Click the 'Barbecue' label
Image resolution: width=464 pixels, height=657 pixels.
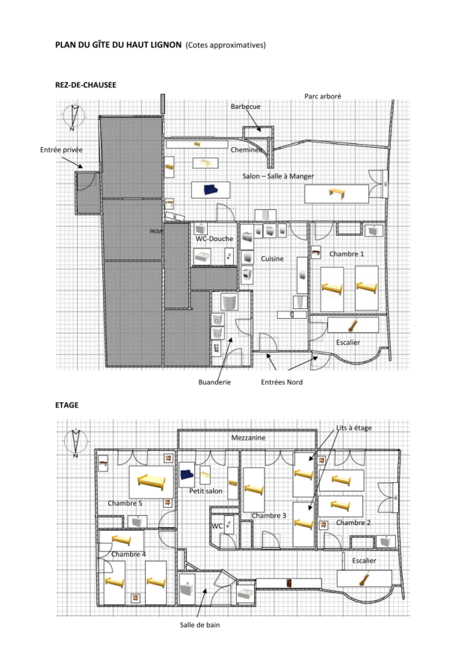click(x=246, y=107)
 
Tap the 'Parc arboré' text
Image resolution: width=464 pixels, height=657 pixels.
click(x=323, y=96)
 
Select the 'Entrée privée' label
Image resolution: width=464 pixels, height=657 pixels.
click(x=61, y=149)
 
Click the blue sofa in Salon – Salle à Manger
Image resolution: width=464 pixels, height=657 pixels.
click(x=211, y=190)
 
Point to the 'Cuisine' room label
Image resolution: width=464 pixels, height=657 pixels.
click(x=272, y=258)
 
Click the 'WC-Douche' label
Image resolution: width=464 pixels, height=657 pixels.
click(x=214, y=238)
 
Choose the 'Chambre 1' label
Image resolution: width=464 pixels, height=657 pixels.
click(x=347, y=254)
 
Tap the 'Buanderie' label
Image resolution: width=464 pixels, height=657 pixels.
click(x=214, y=382)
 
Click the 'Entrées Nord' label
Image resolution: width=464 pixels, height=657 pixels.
click(x=282, y=382)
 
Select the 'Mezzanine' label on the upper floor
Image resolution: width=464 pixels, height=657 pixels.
click(x=249, y=438)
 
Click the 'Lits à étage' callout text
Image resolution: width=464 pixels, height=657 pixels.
click(x=353, y=428)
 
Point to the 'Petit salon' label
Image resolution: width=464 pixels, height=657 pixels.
click(x=205, y=491)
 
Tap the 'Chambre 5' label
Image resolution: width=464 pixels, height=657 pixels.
click(x=125, y=503)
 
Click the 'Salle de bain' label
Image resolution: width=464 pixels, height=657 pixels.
click(x=199, y=625)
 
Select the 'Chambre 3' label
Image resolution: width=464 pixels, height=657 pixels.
click(x=269, y=515)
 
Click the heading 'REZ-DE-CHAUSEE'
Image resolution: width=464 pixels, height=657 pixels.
click(x=85, y=85)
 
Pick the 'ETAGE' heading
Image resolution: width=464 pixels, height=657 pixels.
click(x=66, y=405)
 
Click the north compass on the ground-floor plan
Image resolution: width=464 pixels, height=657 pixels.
click(x=74, y=116)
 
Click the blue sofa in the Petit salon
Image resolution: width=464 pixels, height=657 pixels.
click(x=187, y=475)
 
